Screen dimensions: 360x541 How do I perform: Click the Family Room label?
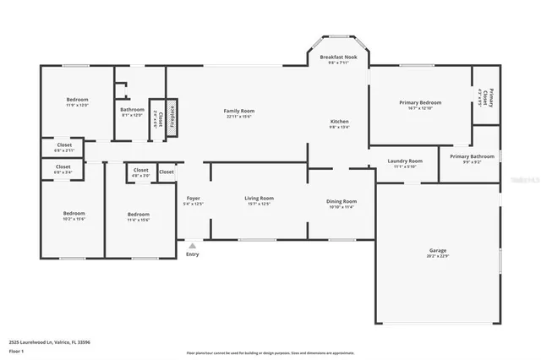239,112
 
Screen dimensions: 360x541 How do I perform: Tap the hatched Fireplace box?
172,115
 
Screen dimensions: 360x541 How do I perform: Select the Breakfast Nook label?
337,57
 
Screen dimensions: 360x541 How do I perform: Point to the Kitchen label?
339,122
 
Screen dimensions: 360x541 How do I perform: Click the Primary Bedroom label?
420,102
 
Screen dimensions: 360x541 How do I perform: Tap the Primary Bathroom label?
472,156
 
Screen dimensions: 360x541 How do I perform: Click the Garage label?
438,251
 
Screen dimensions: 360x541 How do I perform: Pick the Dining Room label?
342,201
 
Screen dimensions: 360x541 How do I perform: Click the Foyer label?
194,199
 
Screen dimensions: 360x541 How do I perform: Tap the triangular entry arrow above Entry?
191,244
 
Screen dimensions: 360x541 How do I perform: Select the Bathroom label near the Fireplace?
132,109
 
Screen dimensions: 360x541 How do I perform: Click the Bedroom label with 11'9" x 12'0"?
77,100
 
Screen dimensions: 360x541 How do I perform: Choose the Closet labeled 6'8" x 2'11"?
64,145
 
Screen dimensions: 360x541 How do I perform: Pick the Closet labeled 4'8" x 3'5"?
140,170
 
